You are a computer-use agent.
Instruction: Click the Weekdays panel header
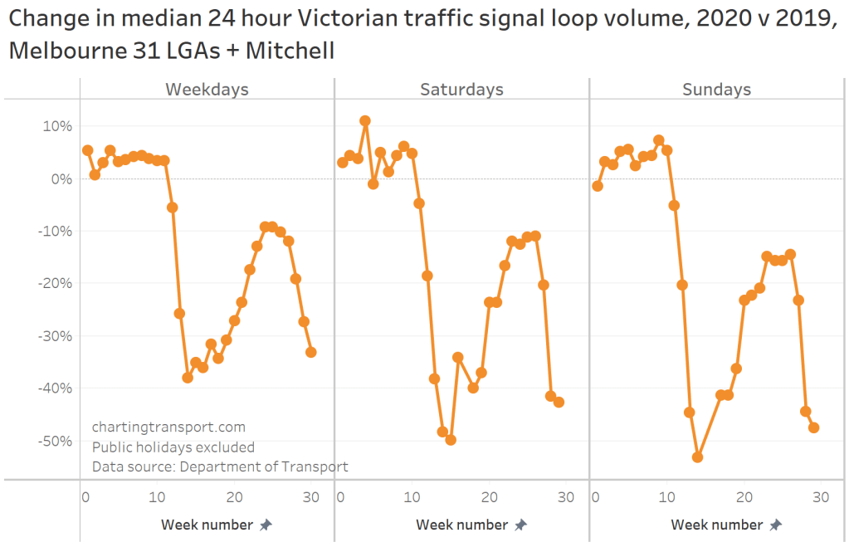point(207,90)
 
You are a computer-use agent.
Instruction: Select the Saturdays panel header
point(461,90)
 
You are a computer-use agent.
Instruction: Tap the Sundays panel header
point(716,90)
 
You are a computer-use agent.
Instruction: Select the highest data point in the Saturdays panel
point(364,121)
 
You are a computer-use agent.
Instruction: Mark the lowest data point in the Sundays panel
point(697,457)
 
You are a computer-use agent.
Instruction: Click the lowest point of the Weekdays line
point(188,378)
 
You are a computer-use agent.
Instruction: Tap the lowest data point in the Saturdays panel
point(451,440)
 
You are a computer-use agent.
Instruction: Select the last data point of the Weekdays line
point(310,352)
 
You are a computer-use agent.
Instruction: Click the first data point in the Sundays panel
point(597,186)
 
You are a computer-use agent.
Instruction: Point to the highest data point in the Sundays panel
point(658,140)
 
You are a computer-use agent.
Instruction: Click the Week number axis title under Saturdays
point(461,525)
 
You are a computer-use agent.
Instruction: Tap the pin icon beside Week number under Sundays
point(775,525)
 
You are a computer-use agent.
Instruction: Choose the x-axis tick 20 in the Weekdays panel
point(234,496)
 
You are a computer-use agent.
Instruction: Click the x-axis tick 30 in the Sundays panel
point(821,496)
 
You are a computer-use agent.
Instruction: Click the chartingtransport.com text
point(168,427)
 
